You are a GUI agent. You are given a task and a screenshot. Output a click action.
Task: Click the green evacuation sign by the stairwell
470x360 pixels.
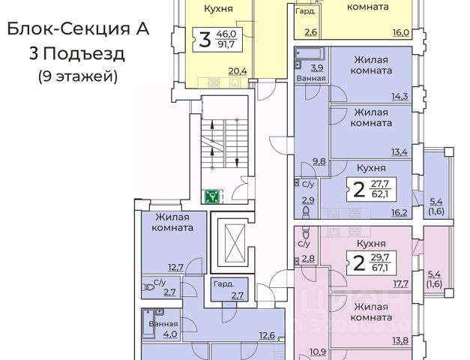pyautogui.click(x=213, y=196)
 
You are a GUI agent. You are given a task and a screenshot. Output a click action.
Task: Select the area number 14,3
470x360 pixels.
pyautogui.click(x=398, y=96)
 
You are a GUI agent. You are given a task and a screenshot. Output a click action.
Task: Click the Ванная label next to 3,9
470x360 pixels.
pyautogui.click(x=310, y=77)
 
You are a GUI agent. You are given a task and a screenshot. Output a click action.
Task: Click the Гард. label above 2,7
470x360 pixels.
pyautogui.click(x=223, y=285)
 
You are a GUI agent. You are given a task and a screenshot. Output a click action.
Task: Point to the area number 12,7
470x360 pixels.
pyautogui.click(x=175, y=266)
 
